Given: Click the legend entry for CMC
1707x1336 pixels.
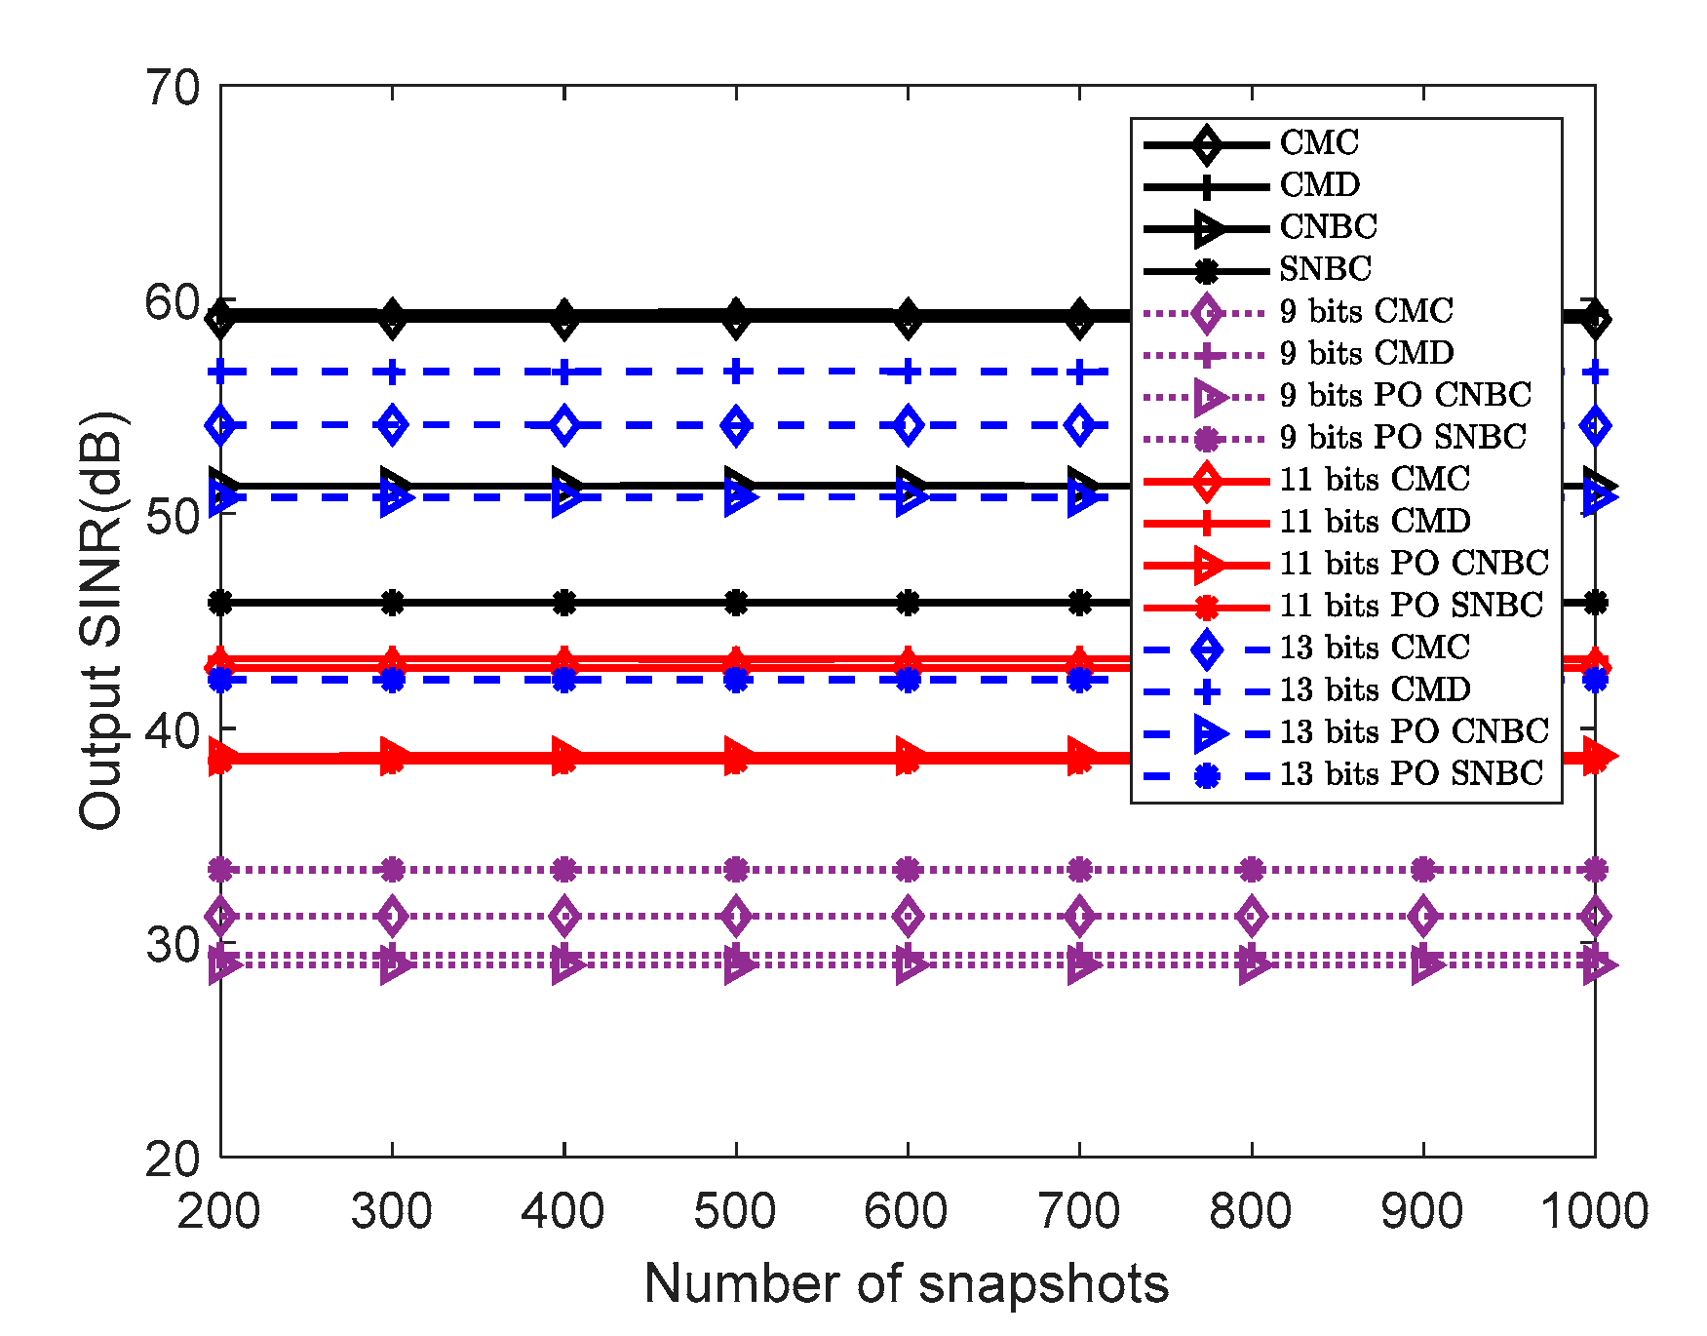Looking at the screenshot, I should (1318, 143).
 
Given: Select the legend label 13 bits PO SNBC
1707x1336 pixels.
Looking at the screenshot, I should (1411, 774).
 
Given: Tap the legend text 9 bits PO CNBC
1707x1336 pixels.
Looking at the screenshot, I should (1405, 396).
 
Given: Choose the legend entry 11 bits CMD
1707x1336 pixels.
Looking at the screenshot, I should (1375, 522).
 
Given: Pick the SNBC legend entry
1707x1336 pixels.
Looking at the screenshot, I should (1325, 269).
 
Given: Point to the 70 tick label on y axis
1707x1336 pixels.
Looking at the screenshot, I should (173, 88).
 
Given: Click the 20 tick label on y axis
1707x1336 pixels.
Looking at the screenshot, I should (173, 1159).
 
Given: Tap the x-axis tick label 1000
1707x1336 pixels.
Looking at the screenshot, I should (1594, 1212).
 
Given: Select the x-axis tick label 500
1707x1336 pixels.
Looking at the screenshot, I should (735, 1212).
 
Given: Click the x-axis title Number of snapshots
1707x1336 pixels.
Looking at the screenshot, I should (906, 1283).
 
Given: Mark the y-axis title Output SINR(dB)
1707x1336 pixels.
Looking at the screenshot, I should (101, 621).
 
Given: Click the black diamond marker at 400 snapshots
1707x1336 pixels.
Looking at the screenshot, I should (564, 318).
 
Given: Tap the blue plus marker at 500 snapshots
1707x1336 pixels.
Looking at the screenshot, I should (736, 372).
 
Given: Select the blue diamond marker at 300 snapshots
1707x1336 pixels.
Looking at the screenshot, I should (393, 425).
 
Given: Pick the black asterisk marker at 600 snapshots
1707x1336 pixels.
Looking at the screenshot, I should (908, 604).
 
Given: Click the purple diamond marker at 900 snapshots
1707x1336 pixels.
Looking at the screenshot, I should (1423, 917).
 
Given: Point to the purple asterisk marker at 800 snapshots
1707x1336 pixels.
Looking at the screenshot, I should (1252, 869).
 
